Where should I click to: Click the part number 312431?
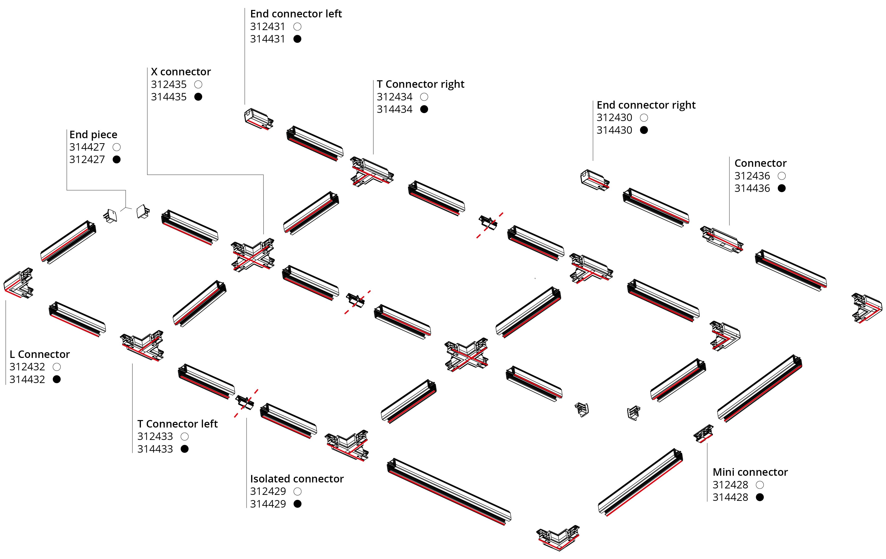click(268, 27)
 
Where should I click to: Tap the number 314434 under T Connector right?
click(394, 109)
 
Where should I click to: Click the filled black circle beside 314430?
click(644, 130)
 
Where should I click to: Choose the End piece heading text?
click(93, 134)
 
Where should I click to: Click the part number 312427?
click(87, 160)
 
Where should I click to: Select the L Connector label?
click(39, 354)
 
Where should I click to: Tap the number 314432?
click(27, 379)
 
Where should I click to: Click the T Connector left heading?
click(177, 424)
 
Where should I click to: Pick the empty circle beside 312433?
click(185, 436)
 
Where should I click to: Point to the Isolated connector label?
click(297, 479)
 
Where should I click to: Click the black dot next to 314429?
click(298, 504)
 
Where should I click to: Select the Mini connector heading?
click(750, 472)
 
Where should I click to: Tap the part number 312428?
click(730, 485)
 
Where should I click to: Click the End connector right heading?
click(646, 105)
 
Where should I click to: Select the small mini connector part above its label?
click(703, 433)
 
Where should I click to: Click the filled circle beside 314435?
click(198, 97)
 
